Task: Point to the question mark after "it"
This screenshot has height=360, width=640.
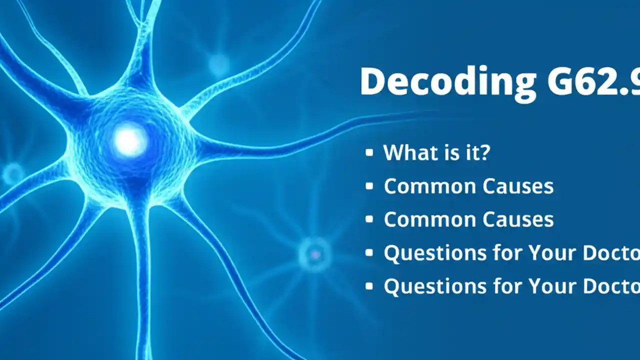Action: coord(483,152)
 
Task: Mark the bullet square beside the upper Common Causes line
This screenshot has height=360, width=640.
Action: coord(369,186)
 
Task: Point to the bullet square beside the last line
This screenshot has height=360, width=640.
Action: coord(369,286)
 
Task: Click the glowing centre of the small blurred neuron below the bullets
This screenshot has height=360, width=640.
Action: coord(314,254)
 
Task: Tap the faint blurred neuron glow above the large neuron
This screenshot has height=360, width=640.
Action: coord(218,63)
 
